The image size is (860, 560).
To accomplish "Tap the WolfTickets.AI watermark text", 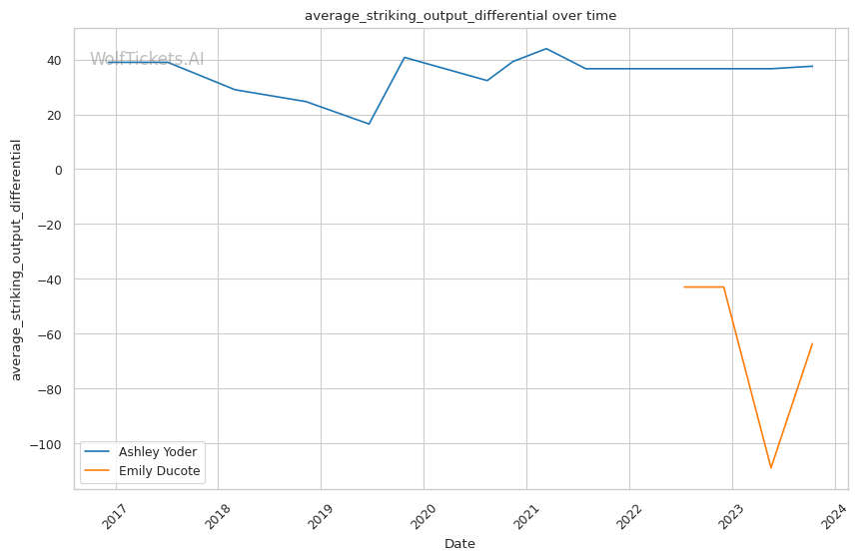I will click(147, 59).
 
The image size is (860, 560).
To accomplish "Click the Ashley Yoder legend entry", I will click(158, 452).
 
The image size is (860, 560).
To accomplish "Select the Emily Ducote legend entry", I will click(160, 470).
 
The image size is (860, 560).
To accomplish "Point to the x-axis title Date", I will click(459, 544).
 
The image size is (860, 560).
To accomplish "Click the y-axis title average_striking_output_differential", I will click(16, 260).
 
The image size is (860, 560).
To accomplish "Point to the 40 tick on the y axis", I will click(53, 60).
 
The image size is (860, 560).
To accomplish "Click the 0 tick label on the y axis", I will click(58, 170).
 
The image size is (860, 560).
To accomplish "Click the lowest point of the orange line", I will click(771, 467).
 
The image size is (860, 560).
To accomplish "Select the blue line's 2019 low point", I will click(369, 124).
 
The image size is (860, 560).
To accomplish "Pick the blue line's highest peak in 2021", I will click(546, 48).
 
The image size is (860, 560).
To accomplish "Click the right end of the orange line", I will click(812, 344).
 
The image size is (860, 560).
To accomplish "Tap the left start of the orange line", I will click(684, 287).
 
